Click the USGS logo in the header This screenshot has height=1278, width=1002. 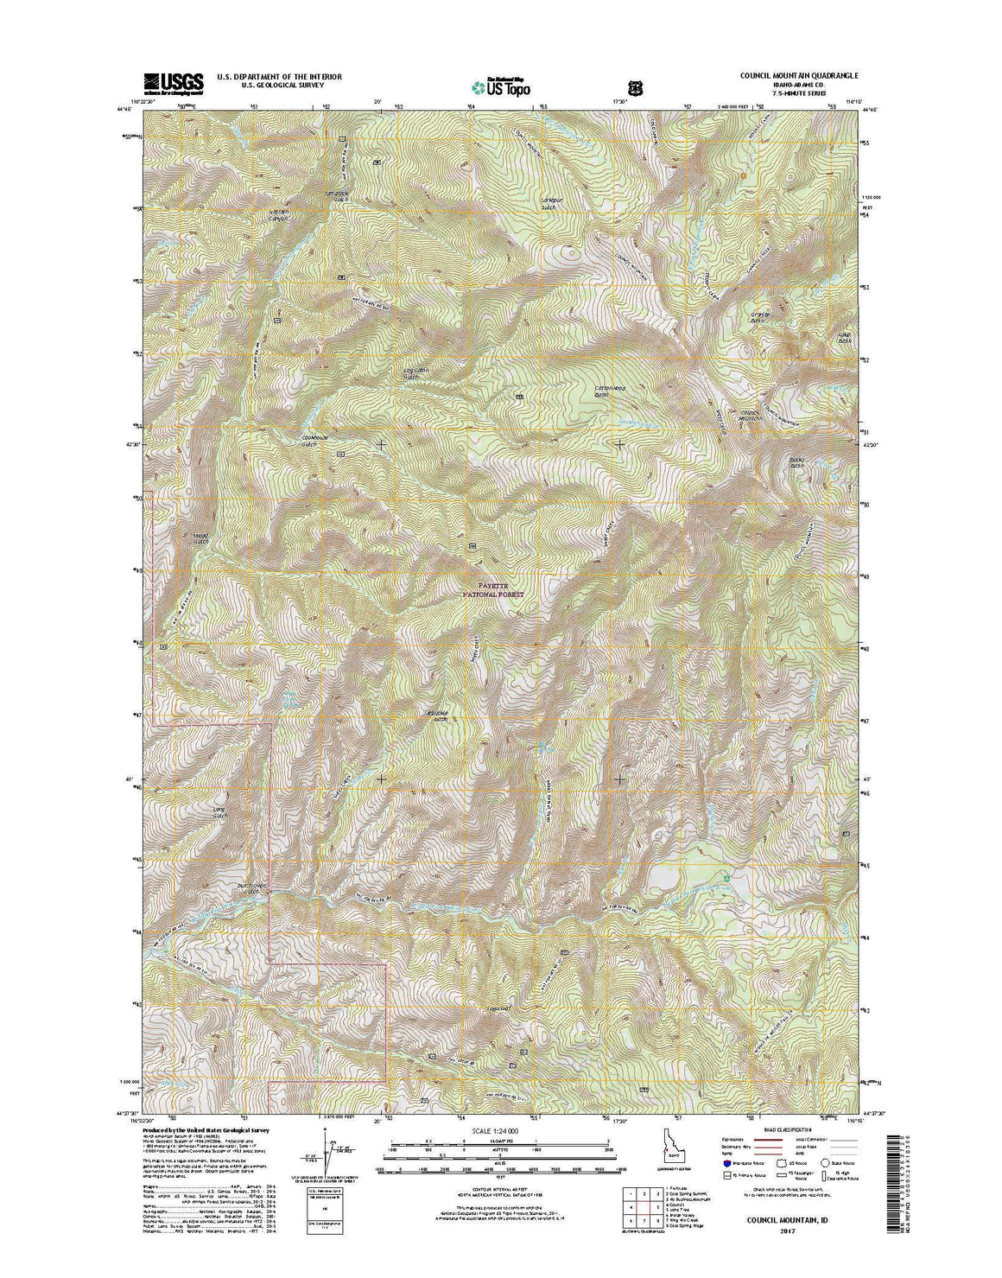tap(174, 82)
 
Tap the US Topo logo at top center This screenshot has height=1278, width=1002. tap(500, 86)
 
